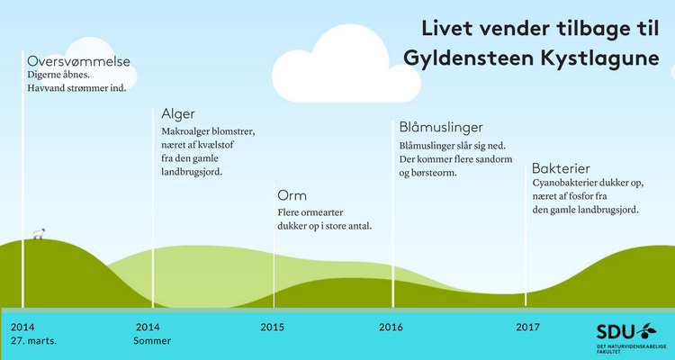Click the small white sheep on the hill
pos(40,233)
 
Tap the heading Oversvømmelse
pos(79,61)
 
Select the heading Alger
pos(178,114)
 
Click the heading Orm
pos(292,196)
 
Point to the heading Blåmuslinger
pos(441,128)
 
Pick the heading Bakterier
pos(561,168)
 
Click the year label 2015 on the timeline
pos(273,328)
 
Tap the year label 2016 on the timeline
pos(391,328)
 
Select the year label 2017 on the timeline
pos(527,328)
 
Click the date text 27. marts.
pos(33,341)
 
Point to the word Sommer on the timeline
pos(152,341)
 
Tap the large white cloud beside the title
pos(346,65)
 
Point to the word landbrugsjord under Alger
pos(192,172)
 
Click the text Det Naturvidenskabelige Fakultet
pos(631,349)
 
